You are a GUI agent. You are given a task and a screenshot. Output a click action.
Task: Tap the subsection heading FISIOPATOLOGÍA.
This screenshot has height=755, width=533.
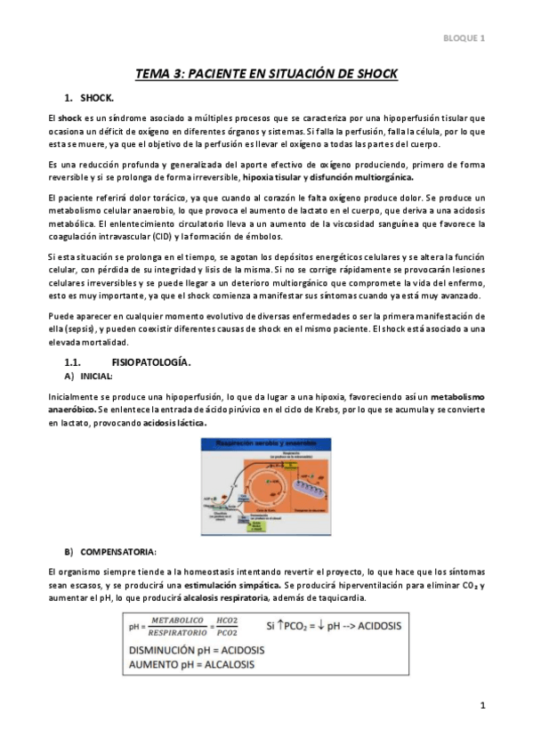[x=151, y=362]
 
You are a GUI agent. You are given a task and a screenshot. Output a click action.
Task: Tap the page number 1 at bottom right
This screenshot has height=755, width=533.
[x=481, y=706]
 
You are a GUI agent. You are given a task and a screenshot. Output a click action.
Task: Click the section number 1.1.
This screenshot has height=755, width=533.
[x=75, y=362]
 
